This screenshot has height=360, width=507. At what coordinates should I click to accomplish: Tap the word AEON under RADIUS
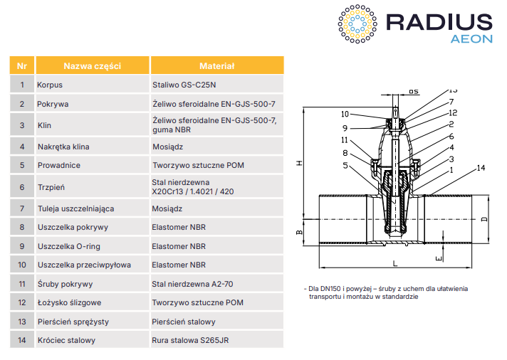tap(471, 38)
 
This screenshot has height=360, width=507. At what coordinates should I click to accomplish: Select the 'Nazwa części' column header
tap(92, 66)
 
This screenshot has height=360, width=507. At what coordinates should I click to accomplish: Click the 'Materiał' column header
tap(216, 66)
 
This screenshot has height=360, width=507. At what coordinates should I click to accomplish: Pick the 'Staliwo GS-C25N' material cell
tap(180, 85)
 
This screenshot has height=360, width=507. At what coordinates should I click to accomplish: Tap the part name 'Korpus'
tap(50, 85)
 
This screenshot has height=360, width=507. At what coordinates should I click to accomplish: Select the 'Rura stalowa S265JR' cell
tap(190, 340)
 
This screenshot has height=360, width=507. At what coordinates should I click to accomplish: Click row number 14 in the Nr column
tap(22, 340)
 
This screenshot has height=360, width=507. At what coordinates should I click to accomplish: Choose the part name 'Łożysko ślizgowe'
tap(68, 302)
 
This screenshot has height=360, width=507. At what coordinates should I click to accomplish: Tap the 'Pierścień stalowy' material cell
tap(179, 322)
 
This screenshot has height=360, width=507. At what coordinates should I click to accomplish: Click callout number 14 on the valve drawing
tap(481, 168)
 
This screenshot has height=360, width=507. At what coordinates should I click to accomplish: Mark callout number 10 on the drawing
tap(345, 114)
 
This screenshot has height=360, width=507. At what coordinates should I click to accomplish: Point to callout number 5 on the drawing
tap(345, 166)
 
